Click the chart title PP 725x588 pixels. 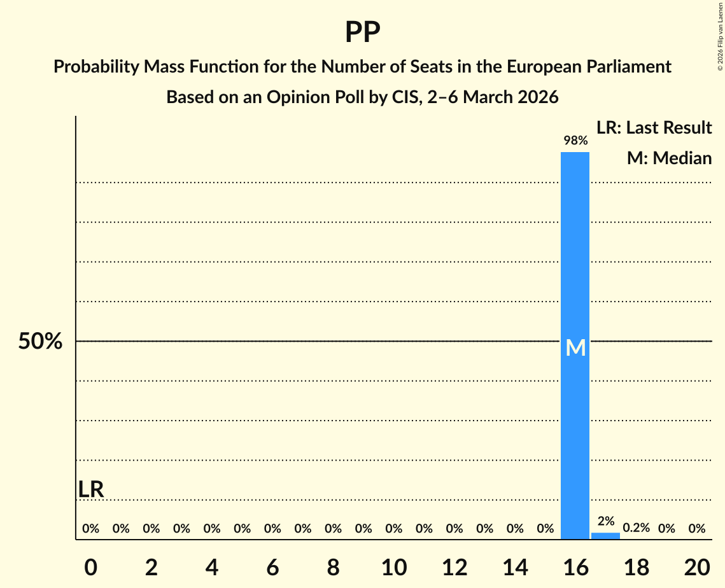pyautogui.click(x=362, y=32)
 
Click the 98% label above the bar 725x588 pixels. pyautogui.click(x=575, y=140)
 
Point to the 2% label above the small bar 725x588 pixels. pyautogui.click(x=605, y=521)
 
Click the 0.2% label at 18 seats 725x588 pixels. pyautogui.click(x=636, y=528)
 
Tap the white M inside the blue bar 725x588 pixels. pyautogui.click(x=575, y=347)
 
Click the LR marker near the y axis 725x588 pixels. pyautogui.click(x=91, y=489)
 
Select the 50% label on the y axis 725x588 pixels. pyautogui.click(x=40, y=342)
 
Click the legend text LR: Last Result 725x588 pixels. pyautogui.click(x=654, y=128)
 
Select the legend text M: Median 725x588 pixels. pyautogui.click(x=669, y=158)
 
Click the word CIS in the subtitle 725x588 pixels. pyautogui.click(x=399, y=97)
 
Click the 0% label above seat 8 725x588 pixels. pyautogui.click(x=333, y=528)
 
